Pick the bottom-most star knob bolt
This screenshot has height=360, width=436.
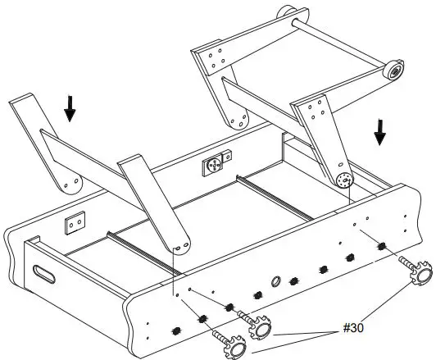pyautogui.click(x=233, y=349)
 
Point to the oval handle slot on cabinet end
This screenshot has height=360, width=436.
pyautogui.click(x=42, y=272)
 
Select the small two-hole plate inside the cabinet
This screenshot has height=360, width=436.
pyautogui.click(x=76, y=222)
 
